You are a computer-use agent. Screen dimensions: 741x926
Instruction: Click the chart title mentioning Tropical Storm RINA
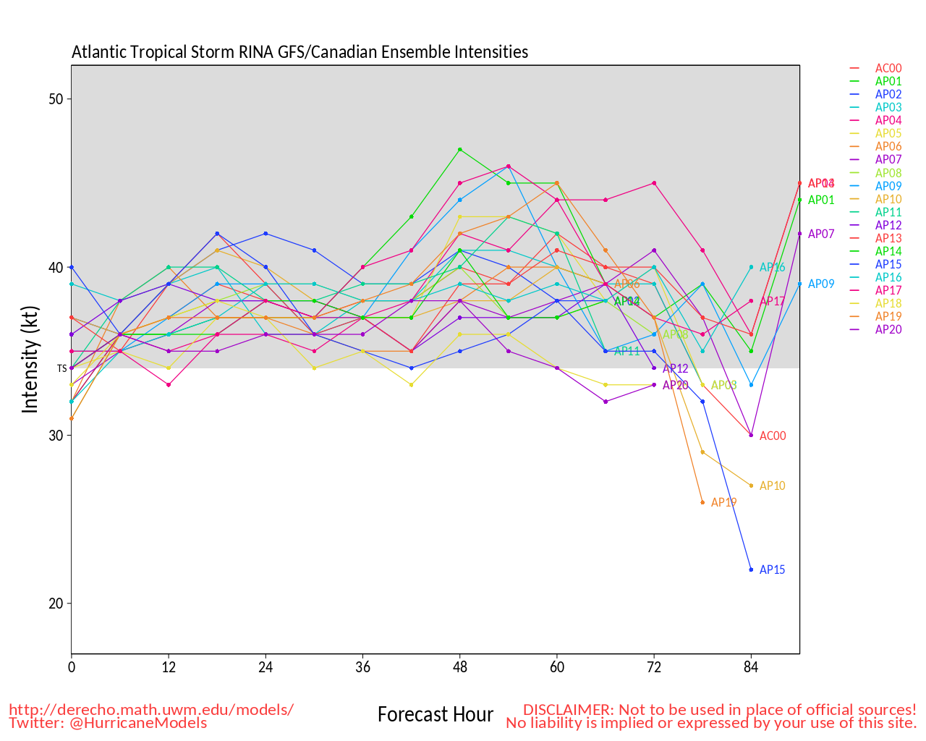pos(300,52)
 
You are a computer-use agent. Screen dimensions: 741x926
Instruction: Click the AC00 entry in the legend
pos(888,69)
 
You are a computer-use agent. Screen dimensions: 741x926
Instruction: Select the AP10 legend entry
pos(888,199)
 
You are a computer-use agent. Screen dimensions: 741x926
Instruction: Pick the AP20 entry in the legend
pos(888,329)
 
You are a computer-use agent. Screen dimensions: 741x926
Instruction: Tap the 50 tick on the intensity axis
pos(56,99)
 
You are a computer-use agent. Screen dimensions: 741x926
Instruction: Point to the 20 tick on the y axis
pos(56,604)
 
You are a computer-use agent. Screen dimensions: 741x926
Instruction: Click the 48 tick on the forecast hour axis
pos(460,667)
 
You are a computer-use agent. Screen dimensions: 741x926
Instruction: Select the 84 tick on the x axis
pos(751,667)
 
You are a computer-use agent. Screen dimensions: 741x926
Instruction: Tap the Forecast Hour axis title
pos(436,715)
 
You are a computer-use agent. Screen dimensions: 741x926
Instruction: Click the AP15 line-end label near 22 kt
pos(772,569)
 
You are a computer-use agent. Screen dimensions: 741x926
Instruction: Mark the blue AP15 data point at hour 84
pos(751,569)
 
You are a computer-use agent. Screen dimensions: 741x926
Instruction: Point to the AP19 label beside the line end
pos(723,502)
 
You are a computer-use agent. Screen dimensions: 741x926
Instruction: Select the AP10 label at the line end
pos(772,486)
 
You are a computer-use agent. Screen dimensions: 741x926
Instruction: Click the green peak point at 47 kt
pos(460,150)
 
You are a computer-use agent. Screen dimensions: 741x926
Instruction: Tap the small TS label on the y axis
pos(61,368)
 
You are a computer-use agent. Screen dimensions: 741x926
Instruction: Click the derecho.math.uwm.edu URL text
pos(151,709)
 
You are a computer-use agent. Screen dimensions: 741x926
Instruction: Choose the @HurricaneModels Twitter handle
pos(138,722)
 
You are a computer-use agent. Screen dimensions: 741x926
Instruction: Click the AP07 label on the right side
pos(821,234)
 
